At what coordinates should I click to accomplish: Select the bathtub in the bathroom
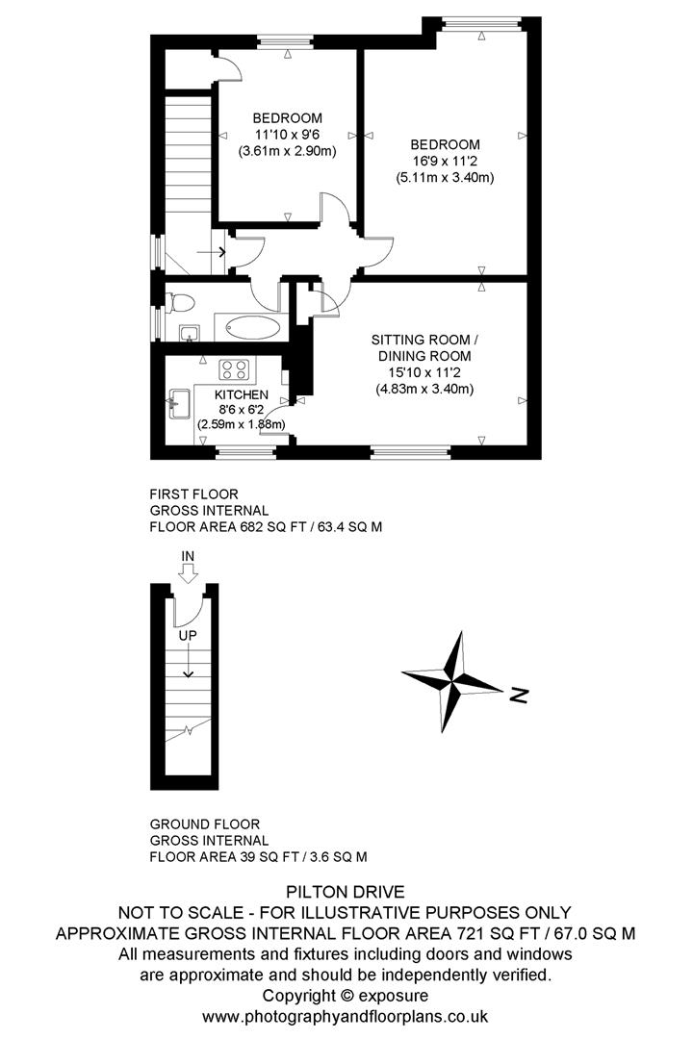coord(253,328)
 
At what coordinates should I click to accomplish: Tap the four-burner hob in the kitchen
coord(236,368)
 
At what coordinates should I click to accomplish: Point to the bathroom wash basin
coord(190,333)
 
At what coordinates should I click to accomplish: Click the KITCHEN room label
coord(242,395)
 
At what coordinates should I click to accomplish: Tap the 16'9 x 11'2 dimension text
coord(444,161)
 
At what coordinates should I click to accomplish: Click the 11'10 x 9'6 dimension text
coord(288,135)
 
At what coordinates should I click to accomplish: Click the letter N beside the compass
coord(519,695)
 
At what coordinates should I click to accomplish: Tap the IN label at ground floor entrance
coord(189,557)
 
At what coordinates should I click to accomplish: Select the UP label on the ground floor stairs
coord(187,635)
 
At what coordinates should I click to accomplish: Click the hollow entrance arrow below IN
coord(189,574)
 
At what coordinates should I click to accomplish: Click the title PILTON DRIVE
coord(345,892)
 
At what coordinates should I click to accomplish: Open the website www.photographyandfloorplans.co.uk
coord(345,1015)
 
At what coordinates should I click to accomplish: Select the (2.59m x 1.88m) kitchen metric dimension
coord(242,423)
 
